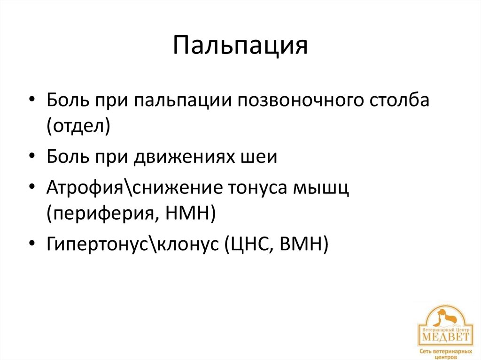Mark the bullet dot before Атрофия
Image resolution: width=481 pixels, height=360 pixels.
pos(31,188)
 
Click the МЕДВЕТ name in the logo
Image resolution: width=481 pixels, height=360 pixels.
pos(445,337)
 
